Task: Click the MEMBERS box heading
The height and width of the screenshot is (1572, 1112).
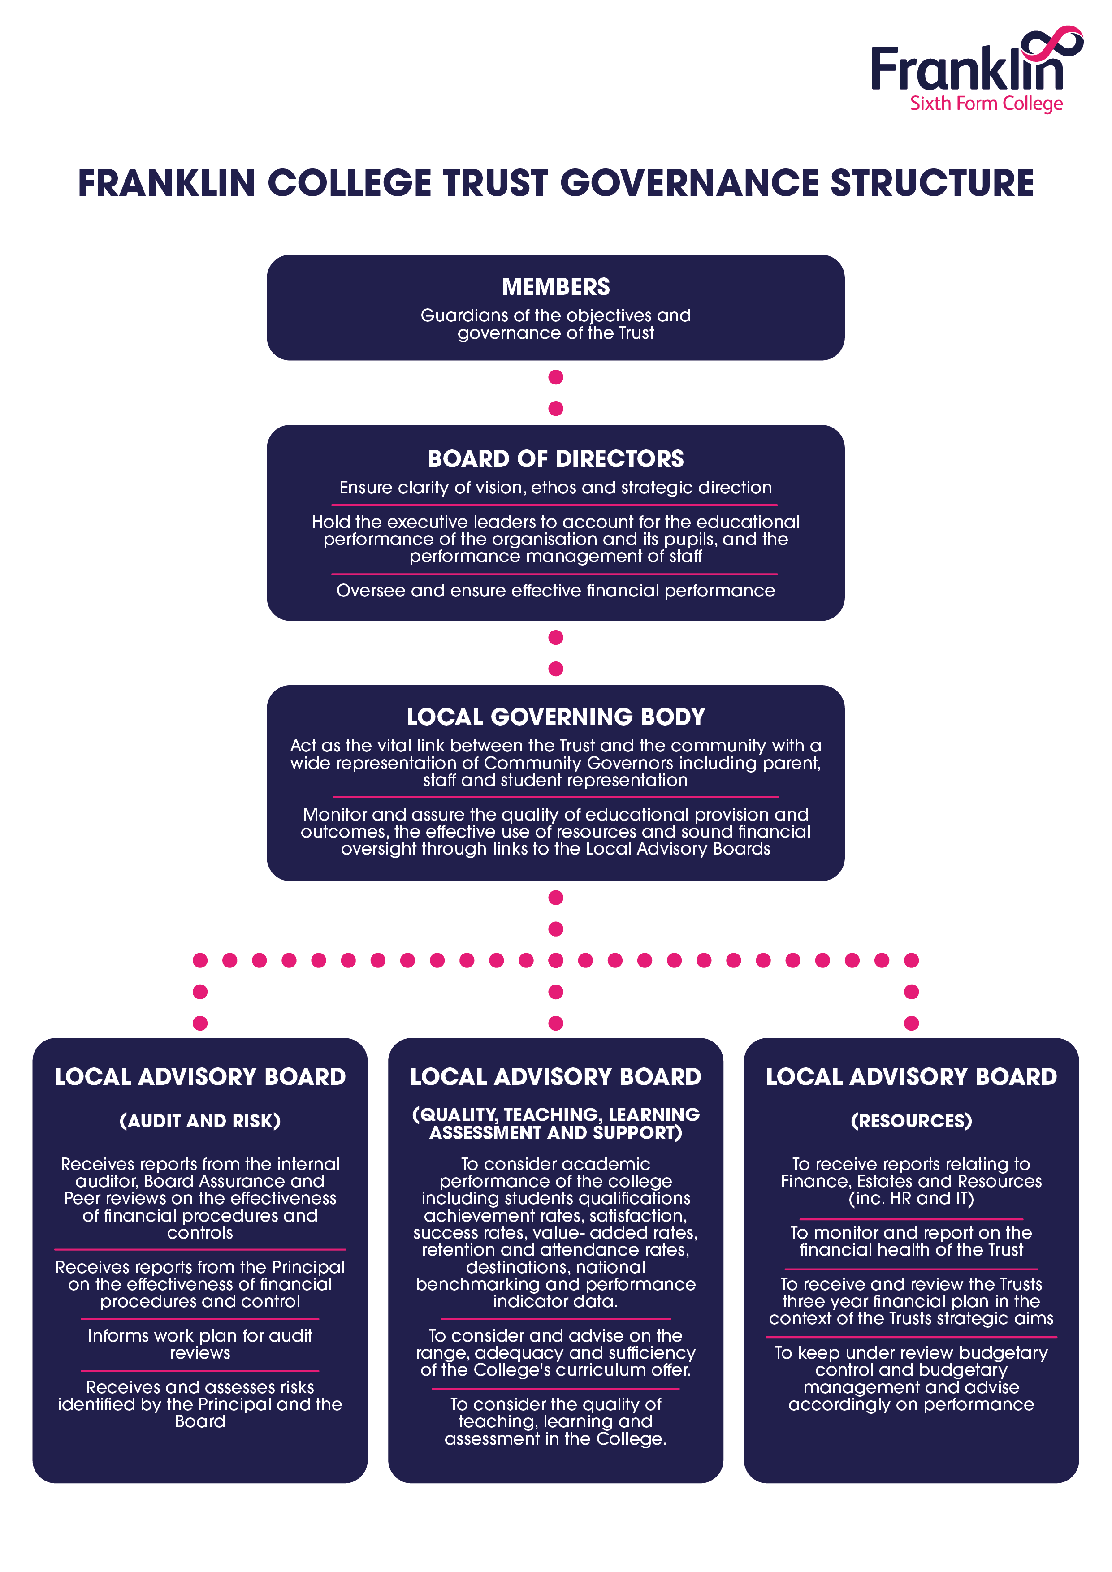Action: pos(555,287)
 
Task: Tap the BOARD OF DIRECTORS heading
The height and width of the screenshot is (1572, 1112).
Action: pos(555,459)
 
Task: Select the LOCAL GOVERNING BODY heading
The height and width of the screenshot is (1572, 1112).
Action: pos(555,717)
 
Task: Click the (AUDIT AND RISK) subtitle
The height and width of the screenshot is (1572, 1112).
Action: pos(200,1121)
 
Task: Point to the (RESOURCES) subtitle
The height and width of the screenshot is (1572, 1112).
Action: pos(911,1121)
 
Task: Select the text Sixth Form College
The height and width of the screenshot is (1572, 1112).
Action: pos(986,104)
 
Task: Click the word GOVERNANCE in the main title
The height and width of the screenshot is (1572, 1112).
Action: pos(689,183)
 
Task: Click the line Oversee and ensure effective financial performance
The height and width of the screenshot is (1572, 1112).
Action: pos(555,591)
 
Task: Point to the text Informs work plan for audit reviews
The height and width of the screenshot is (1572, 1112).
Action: pos(200,1344)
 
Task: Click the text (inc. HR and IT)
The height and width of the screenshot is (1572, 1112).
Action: pos(911,1198)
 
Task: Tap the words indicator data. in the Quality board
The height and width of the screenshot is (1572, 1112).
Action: pos(555,1301)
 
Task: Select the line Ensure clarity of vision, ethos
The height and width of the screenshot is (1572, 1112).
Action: pos(555,488)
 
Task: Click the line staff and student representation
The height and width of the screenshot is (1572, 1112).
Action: pos(555,781)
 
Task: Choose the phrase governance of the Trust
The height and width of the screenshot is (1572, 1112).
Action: pos(555,333)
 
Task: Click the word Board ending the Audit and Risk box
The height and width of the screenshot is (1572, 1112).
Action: pos(200,1421)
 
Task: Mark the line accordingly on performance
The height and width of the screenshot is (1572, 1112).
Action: pos(911,1404)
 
